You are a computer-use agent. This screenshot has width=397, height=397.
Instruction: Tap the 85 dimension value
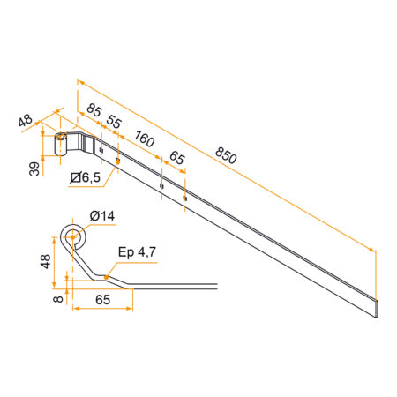94,110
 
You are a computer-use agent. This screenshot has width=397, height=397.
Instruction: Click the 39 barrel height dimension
34,168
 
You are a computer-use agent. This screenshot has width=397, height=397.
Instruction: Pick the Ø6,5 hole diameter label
87,179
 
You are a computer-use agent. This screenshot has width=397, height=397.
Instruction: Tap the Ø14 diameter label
102,215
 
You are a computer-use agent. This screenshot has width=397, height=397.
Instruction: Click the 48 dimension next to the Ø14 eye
45,261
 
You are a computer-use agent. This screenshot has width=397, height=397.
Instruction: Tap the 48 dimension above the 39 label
26,120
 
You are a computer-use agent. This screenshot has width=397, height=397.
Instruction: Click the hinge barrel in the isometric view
62,145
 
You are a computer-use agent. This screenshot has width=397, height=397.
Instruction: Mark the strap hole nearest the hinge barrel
101,151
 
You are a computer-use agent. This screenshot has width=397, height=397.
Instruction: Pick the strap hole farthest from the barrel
184,197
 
